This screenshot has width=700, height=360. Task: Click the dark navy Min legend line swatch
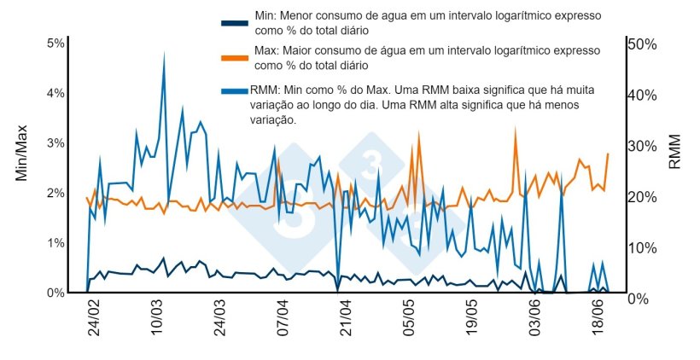[x=235, y=23]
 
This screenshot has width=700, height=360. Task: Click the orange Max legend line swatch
[x=235, y=58]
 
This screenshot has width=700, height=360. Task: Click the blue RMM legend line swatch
[x=235, y=90]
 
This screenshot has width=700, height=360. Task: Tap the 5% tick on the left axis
[x=55, y=44]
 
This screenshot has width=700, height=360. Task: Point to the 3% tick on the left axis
[x=55, y=143]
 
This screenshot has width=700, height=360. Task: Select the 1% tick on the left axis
[x=55, y=243]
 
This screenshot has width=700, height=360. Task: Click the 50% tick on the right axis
[x=641, y=44]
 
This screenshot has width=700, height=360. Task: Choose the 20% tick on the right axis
[x=641, y=197]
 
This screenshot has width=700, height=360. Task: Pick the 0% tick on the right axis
[x=638, y=299]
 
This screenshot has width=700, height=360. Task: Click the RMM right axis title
[x=675, y=152]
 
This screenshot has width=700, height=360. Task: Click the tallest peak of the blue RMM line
[x=164, y=53]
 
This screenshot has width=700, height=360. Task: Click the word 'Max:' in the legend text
[x=268, y=51]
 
